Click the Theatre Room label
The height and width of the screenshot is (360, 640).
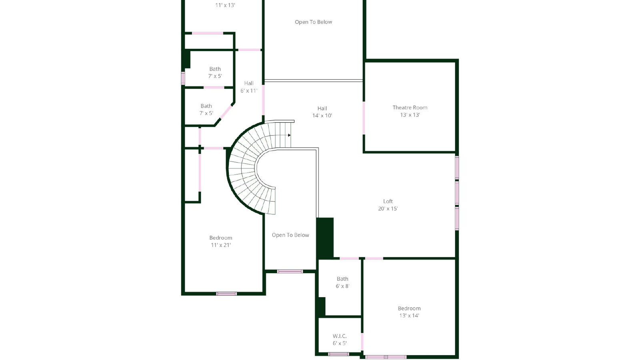click(410, 108)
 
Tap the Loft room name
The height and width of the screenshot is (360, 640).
click(388, 202)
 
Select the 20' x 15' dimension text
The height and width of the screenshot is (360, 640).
click(388, 208)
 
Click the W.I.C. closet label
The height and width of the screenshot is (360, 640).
click(340, 336)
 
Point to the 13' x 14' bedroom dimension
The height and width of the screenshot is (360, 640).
click(409, 316)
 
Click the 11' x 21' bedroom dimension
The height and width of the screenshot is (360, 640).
click(220, 245)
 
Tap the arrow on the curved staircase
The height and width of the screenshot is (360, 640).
click(289, 135)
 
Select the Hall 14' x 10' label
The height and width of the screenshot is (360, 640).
click(322, 112)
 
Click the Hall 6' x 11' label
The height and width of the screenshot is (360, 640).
click(249, 87)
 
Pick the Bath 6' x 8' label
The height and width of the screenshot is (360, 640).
click(342, 282)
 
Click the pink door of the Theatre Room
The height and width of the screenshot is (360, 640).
click(364, 118)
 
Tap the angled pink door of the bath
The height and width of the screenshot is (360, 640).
click(226, 112)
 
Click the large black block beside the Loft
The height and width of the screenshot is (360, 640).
click(325, 238)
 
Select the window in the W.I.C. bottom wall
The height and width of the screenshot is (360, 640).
click(338, 354)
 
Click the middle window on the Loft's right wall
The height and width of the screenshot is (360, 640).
click(457, 193)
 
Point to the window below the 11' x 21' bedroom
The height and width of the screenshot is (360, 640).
click(226, 294)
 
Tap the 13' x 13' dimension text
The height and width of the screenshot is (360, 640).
click(410, 115)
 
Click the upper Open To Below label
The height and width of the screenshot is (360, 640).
click(314, 22)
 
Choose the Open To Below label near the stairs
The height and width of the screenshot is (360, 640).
click(290, 235)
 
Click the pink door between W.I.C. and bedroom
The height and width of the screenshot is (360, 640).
click(362, 342)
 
